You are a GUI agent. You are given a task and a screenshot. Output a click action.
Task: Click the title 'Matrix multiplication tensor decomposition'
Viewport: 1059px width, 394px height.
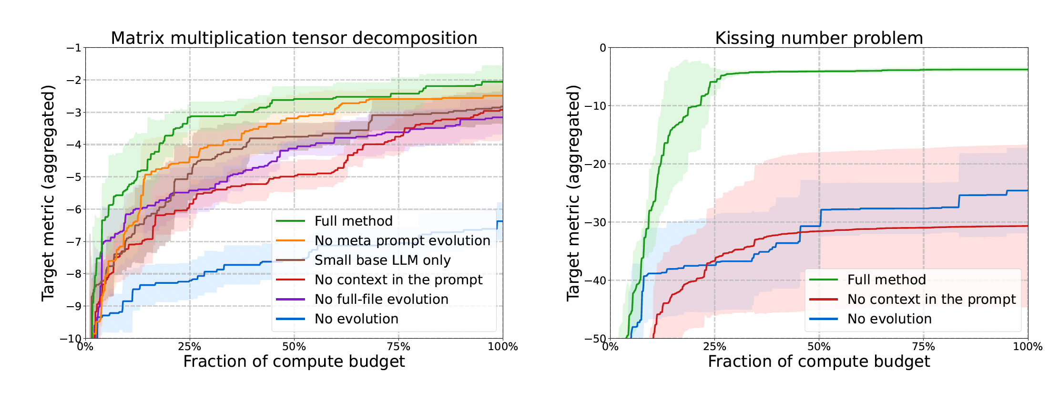294,38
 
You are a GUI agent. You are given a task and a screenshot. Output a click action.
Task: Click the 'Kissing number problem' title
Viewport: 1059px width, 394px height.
819,38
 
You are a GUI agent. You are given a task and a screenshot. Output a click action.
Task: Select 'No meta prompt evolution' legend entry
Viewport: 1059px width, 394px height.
402,240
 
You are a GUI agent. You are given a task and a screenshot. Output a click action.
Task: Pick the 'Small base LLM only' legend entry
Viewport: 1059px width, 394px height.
382,260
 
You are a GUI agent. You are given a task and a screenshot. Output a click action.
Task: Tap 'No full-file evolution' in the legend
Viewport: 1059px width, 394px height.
381,299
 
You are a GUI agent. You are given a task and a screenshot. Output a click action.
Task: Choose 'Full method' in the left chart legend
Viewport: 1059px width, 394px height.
353,221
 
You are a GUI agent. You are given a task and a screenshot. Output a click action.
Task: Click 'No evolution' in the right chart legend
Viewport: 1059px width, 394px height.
889,319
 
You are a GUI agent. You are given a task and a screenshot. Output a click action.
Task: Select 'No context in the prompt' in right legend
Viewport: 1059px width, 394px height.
931,299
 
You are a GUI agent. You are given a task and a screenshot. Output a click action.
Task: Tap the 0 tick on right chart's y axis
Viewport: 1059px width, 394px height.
603,48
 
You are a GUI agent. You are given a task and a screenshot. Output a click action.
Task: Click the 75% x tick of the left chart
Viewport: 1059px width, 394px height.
398,347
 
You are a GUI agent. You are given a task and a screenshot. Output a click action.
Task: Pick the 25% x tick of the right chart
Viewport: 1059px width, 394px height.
714,347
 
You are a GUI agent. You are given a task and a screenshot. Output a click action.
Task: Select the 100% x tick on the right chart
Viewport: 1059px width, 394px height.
1028,347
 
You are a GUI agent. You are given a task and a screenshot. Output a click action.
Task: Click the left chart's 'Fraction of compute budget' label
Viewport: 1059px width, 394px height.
294,362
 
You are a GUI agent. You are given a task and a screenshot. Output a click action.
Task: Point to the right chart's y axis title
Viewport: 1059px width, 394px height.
573,193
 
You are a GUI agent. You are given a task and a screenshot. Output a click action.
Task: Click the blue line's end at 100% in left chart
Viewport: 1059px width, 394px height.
502,221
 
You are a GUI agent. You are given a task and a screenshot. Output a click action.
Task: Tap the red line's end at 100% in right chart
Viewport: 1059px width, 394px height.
1027,226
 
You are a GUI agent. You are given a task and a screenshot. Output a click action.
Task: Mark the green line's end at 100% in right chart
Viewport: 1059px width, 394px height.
1027,70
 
